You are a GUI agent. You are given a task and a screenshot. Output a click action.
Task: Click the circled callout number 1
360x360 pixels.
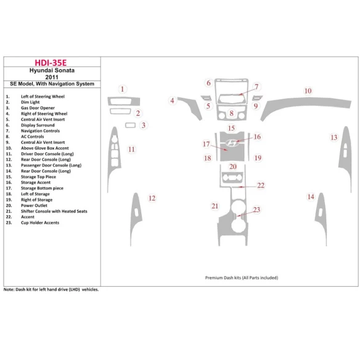pos(122,89)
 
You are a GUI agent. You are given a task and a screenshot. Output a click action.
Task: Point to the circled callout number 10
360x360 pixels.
pos(307,91)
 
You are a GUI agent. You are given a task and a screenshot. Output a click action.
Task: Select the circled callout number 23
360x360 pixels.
pos(256,210)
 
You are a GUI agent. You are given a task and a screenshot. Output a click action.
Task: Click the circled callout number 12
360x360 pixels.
pos(152,198)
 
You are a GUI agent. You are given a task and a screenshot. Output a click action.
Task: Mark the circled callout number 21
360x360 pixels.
pos(215,205)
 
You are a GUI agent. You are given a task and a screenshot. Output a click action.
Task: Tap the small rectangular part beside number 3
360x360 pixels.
pos(130,126)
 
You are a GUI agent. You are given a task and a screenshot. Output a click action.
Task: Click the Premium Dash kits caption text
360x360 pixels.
pos(241,278)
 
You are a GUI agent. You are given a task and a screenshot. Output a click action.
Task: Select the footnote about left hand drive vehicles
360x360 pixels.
pos(51,289)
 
